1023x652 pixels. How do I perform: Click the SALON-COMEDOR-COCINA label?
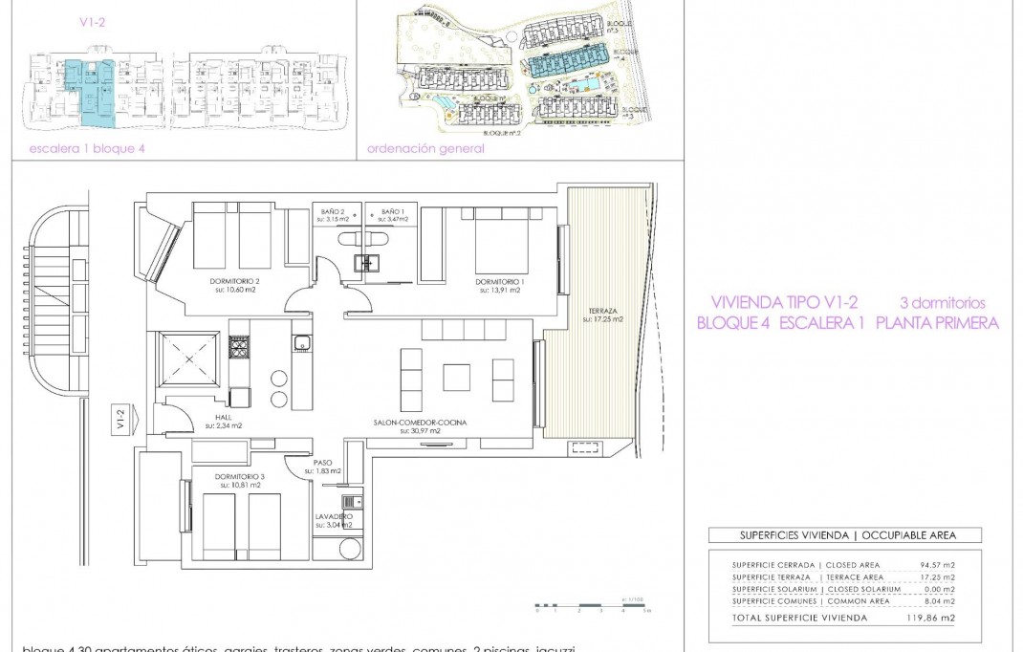(406, 424)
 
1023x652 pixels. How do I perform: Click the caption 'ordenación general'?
(425, 148)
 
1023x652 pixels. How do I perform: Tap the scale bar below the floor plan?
(593, 605)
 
